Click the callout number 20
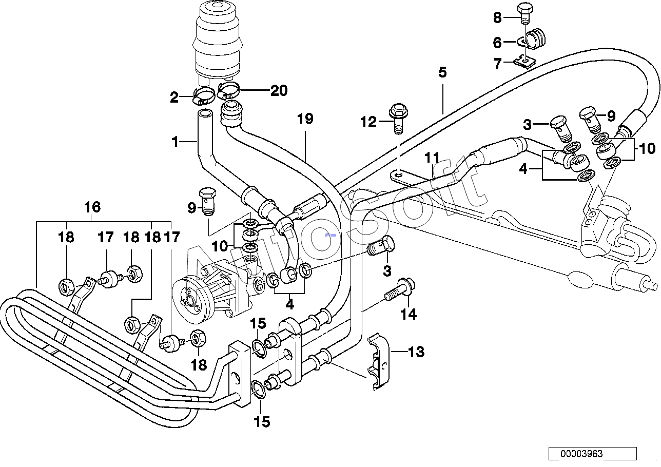point(279,90)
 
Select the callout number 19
point(305,119)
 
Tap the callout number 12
point(368,122)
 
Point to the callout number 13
point(416,352)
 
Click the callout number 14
point(409,315)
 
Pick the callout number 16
point(92,207)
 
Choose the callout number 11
point(432,158)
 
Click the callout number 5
point(442,72)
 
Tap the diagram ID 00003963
point(581,454)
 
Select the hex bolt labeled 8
point(526,13)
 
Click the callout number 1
point(176,142)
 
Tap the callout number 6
point(497,43)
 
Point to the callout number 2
point(174,98)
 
